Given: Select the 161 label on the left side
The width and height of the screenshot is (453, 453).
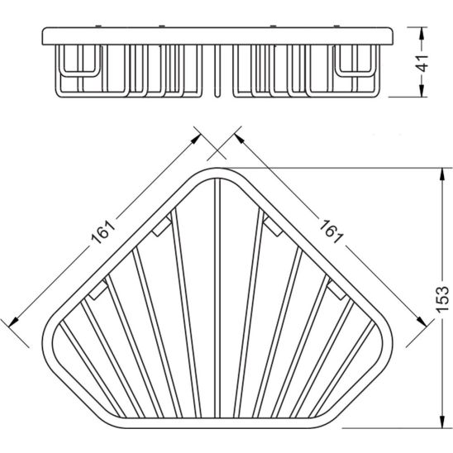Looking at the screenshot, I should coord(102,233).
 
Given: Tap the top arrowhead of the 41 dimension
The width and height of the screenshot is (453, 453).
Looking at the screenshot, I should coord(422,32).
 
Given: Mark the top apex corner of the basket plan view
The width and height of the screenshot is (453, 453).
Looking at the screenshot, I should coord(217,173).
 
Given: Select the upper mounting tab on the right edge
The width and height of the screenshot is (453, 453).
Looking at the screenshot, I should coord(269,221).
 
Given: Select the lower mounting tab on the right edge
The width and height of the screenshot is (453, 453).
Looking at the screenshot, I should coord(336,288).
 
